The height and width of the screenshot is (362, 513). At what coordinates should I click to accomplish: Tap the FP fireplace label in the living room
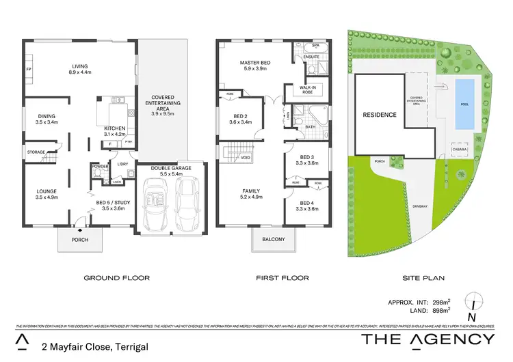[x=29, y=70]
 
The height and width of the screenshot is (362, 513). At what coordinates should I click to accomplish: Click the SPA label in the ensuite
[x=316, y=46]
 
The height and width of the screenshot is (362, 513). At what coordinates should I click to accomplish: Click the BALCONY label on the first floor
[x=274, y=240]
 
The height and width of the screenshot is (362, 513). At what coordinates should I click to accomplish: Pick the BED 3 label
[x=306, y=157]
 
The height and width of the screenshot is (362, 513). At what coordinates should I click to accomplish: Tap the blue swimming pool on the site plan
[x=464, y=105]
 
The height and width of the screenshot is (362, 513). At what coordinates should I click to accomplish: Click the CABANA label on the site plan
[x=458, y=150]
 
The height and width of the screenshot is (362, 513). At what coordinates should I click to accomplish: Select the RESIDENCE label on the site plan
[x=379, y=115]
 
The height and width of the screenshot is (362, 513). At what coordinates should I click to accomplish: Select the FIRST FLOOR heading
[x=282, y=278]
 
